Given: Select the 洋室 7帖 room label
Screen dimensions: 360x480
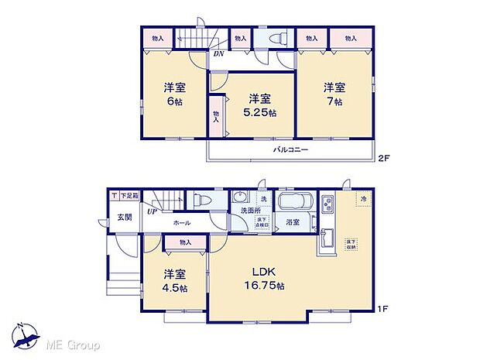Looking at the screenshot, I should (x=334, y=94).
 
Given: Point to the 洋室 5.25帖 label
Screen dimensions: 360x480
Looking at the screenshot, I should (x=261, y=105).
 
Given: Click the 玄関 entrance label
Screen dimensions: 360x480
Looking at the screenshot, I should (x=124, y=218).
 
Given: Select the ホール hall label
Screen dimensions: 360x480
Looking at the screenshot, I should (x=181, y=223).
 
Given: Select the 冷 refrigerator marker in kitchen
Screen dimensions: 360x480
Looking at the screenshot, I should (x=364, y=200).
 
